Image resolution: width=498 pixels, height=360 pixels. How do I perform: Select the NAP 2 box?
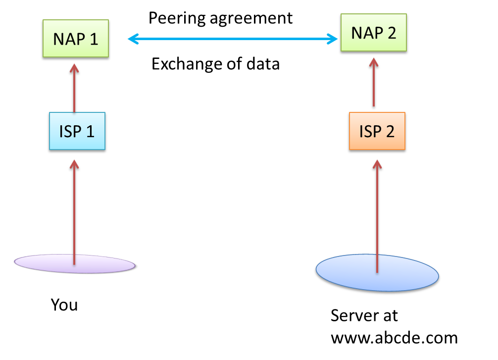coord(374,33)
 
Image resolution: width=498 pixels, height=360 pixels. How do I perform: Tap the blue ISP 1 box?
coord(77,132)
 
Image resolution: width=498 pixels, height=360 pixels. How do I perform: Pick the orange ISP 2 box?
coord(377,132)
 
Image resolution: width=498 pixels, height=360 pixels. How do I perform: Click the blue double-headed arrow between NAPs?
coord(233,39)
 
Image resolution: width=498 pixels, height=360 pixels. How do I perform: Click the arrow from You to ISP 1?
coord(74,208)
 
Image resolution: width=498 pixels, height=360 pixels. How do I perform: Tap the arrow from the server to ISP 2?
coord(377,213)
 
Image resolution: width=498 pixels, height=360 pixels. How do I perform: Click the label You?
coord(64,305)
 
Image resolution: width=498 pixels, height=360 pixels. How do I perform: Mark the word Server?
coord(364,315)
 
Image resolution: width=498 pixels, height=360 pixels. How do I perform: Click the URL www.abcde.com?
coord(394,338)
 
